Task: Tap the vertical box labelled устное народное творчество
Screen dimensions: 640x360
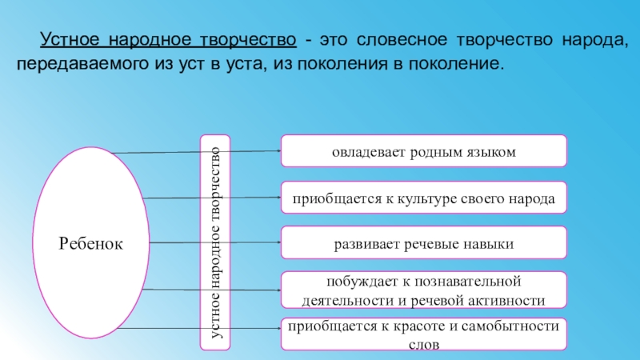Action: (214, 242)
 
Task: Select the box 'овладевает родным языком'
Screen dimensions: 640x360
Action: (423, 151)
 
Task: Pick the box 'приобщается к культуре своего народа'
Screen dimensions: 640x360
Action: (423, 197)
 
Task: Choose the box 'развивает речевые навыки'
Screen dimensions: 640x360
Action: (423, 242)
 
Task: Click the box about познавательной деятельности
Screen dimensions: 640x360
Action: (423, 290)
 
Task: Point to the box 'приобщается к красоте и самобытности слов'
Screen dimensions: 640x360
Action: (423, 334)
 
